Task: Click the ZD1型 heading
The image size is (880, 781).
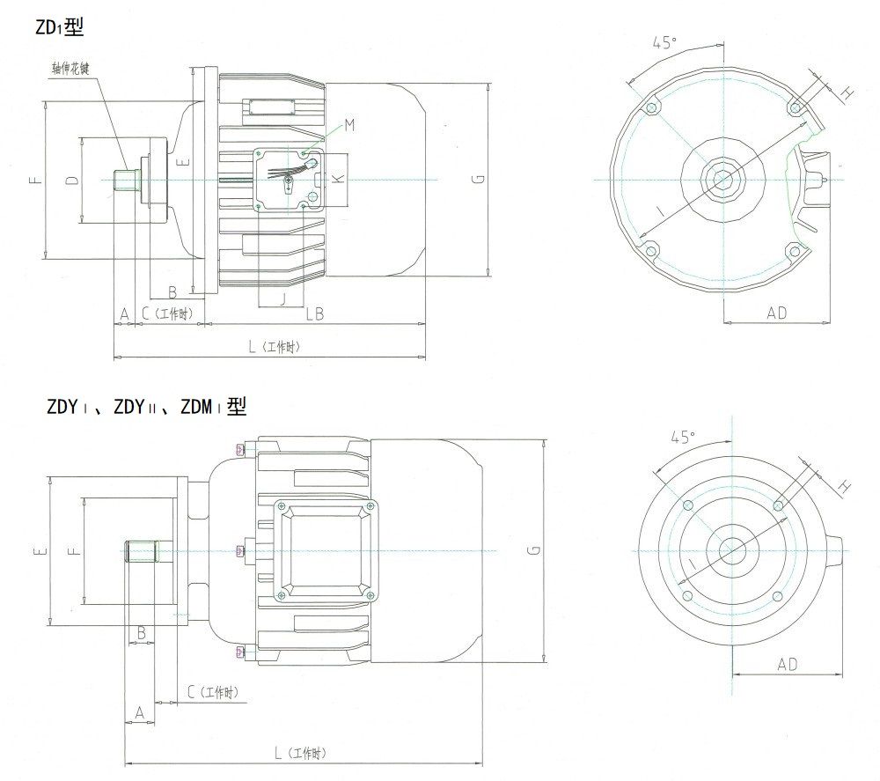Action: click(60, 27)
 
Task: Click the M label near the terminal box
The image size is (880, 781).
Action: click(348, 126)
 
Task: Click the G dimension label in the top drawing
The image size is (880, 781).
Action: click(476, 180)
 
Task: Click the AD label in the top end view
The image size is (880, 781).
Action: click(776, 313)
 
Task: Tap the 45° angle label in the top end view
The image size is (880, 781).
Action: click(665, 42)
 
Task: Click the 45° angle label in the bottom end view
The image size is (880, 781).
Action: click(683, 437)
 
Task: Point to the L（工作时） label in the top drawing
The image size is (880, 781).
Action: click(274, 348)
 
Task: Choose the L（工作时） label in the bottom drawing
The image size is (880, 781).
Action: click(299, 754)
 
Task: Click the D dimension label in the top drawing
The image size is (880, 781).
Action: click(73, 180)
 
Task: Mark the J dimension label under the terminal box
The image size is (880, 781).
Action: click(282, 298)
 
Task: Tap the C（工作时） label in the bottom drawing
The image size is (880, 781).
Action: click(212, 693)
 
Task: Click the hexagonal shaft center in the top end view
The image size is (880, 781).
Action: click(723, 179)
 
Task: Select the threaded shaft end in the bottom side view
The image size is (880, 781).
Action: click(141, 551)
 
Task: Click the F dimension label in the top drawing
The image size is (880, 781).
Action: click(35, 180)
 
